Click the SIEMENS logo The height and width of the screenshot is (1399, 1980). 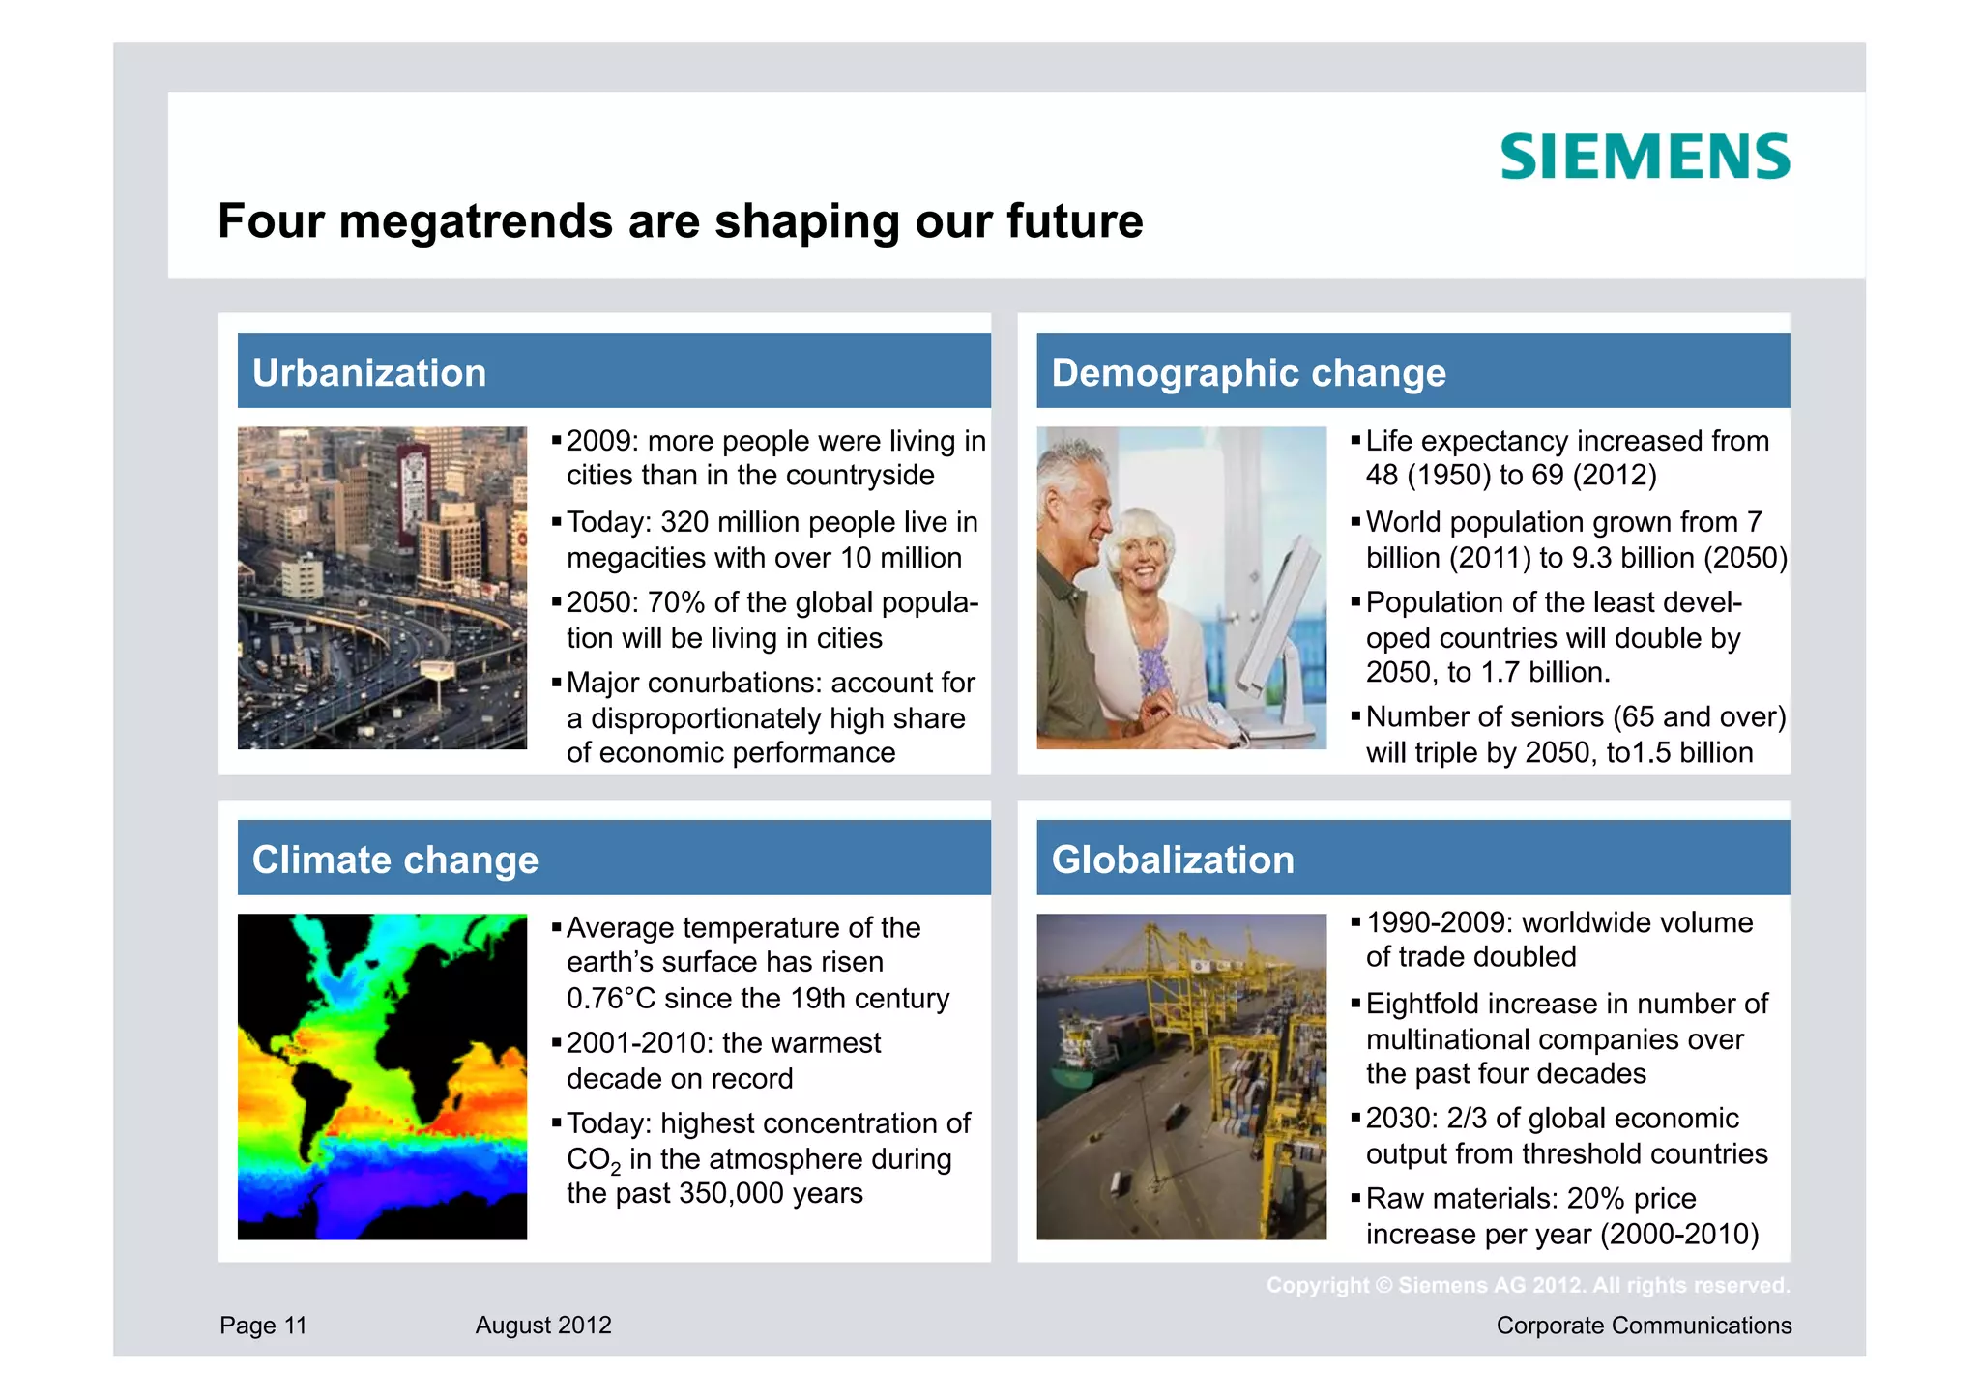click(x=1644, y=157)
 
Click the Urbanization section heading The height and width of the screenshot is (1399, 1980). click(x=368, y=373)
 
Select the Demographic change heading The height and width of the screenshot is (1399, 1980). click(x=1247, y=373)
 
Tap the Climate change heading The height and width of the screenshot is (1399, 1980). click(x=394, y=860)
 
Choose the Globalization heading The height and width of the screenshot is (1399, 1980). click(x=1172, y=860)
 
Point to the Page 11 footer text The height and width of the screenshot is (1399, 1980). click(x=262, y=1325)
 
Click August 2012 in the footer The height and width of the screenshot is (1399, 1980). click(x=542, y=1325)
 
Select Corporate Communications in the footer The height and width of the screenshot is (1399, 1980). click(x=1643, y=1325)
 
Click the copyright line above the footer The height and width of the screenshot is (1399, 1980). click(x=1528, y=1285)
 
